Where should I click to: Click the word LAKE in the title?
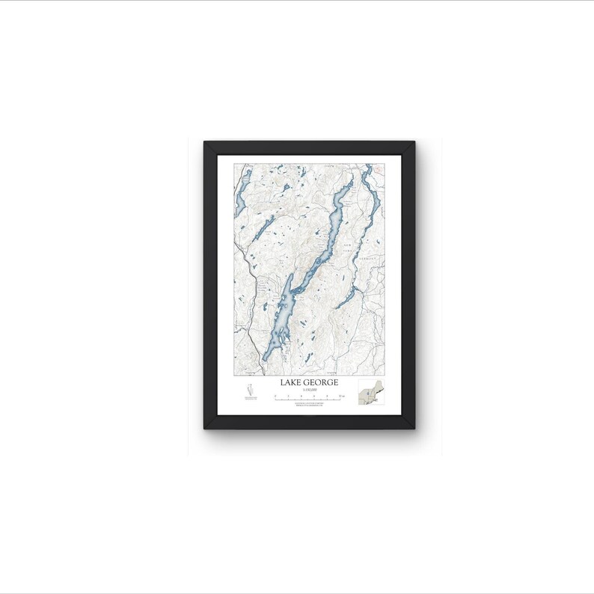tap(291, 382)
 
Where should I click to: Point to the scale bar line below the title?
tap(309, 399)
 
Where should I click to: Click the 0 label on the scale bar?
tap(276, 395)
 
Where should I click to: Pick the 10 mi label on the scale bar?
tap(340, 395)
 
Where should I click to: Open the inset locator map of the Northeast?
tap(371, 393)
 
